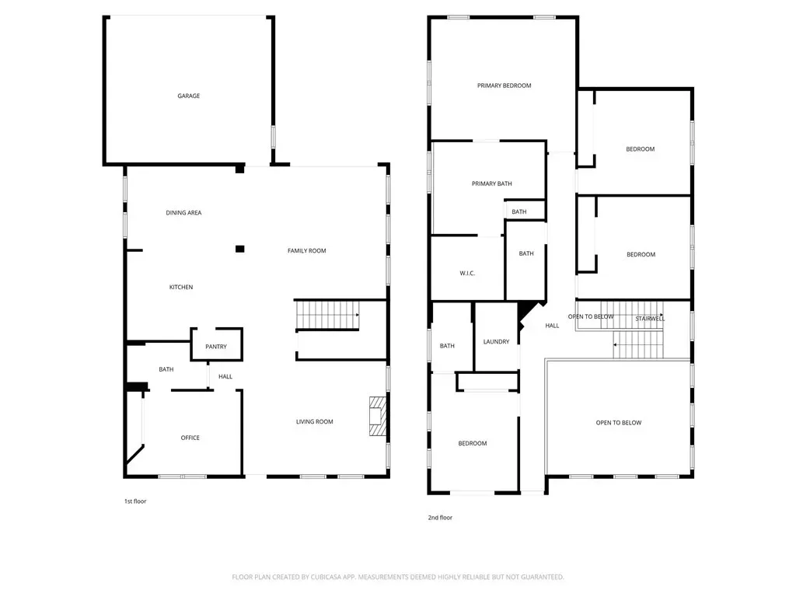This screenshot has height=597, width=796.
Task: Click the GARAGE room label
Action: [x=188, y=96]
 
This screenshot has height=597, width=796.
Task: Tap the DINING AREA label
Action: [x=183, y=213]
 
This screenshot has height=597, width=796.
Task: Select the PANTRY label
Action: [x=216, y=347]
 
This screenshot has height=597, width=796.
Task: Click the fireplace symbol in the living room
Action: [x=377, y=417]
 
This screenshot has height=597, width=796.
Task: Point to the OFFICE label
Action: [x=190, y=438]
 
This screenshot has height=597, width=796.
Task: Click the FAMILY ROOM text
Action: [x=306, y=251]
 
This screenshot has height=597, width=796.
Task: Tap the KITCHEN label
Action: [x=181, y=288]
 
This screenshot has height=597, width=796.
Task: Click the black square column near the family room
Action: [x=240, y=249]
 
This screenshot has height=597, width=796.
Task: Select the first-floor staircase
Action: [x=327, y=315]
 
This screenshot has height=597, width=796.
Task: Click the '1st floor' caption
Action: [x=135, y=501]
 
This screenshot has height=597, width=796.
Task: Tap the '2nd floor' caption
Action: [x=440, y=518]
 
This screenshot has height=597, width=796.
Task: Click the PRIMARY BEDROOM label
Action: [x=504, y=86]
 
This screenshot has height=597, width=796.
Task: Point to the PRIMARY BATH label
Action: [x=492, y=183]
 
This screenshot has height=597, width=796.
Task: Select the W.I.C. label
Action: [x=467, y=274]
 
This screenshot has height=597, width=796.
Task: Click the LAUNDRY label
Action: [x=496, y=342]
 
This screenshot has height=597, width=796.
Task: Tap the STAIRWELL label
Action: [x=650, y=319]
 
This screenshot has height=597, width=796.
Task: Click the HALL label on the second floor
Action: [x=553, y=326]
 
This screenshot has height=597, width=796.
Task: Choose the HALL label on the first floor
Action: [x=225, y=377]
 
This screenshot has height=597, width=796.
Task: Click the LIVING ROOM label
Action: [x=315, y=422]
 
